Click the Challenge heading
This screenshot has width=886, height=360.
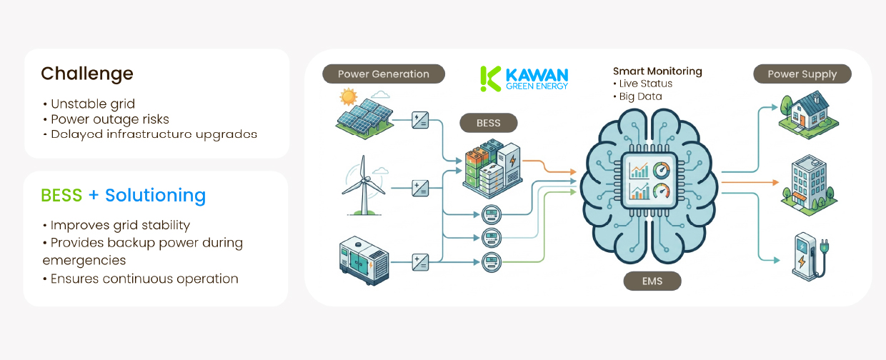(87, 74)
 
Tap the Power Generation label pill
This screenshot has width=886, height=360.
(384, 74)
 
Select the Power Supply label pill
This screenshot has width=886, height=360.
(802, 74)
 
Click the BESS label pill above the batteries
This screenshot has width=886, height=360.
(489, 123)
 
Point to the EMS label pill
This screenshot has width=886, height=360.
(652, 281)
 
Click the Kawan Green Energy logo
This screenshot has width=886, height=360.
(524, 79)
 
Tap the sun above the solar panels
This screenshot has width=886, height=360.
(348, 97)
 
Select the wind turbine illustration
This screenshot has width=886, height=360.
(364, 186)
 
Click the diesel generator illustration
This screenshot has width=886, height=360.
(364, 261)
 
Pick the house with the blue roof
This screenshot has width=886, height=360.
(808, 115)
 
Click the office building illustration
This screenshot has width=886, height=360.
(809, 185)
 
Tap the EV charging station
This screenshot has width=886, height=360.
(810, 256)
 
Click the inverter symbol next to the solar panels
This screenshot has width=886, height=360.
(420, 120)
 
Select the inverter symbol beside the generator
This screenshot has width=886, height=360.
(420, 262)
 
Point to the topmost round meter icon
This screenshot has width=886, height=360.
(492, 214)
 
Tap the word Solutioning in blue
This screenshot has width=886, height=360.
(156, 196)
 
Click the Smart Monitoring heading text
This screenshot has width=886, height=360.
(657, 71)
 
